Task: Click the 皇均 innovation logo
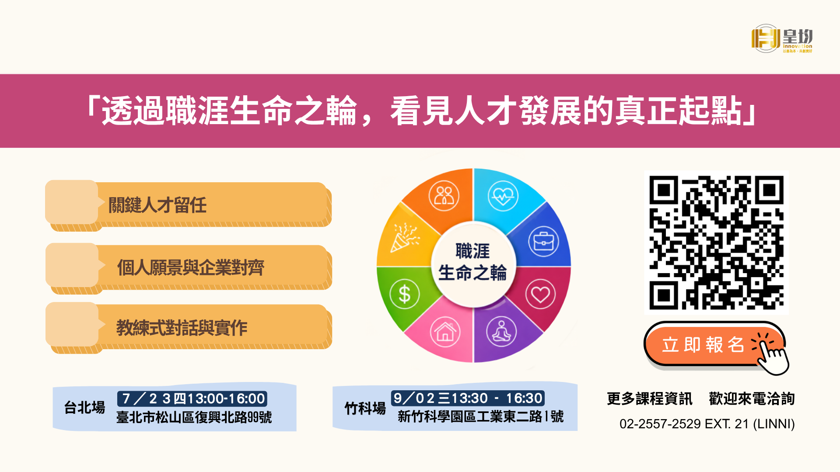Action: tap(782, 39)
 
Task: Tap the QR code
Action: tap(716, 243)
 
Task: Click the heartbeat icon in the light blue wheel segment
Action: tap(503, 196)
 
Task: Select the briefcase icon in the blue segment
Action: tap(543, 241)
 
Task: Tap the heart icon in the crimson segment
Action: tap(540, 294)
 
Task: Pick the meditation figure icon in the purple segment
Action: tap(501, 332)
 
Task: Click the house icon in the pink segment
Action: tap(445, 332)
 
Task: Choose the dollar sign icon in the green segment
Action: tap(405, 294)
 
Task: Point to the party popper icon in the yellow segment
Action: tap(405, 238)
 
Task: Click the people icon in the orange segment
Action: tap(444, 196)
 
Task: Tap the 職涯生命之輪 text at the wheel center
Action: tap(472, 262)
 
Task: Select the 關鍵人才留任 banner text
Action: tap(157, 205)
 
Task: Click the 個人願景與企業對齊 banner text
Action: tap(191, 267)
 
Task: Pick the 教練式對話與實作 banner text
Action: tap(182, 328)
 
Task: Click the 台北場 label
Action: tap(84, 407)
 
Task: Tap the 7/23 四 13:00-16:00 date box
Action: tap(192, 399)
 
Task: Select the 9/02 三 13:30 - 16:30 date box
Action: tap(468, 398)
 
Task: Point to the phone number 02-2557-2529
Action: tap(660, 424)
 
